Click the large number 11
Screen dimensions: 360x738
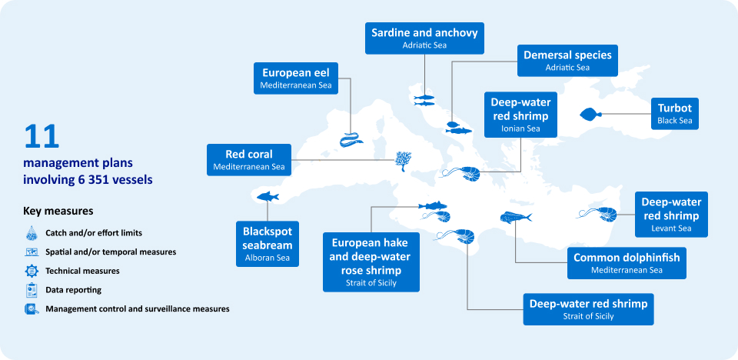[42, 136]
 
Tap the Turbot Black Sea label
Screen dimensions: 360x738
[674, 114]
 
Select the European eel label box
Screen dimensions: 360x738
[296, 78]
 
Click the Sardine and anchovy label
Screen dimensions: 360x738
[424, 38]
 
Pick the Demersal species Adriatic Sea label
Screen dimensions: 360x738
[567, 61]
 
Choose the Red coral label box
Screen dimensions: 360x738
[248, 159]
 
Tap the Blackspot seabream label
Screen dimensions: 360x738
[267, 243]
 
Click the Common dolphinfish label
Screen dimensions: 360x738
[627, 263]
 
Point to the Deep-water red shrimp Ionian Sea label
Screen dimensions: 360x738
[520, 115]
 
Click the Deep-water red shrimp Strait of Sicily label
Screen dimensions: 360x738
[588, 308]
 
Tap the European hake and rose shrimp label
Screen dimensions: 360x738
[371, 262]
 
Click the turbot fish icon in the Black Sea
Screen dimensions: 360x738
[590, 115]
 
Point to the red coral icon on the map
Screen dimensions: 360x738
[403, 160]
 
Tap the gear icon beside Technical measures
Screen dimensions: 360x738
[32, 271]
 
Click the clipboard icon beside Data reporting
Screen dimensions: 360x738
[32, 290]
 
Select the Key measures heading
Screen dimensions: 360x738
[58, 211]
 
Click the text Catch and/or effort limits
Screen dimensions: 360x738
[94, 232]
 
